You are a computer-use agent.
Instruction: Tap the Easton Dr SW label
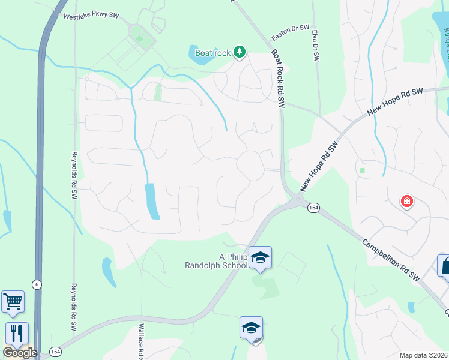coord(291,29)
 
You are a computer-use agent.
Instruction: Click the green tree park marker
coord(240,52)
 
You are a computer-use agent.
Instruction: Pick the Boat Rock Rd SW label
coord(277,78)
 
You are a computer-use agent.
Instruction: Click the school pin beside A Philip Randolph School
coord(260,258)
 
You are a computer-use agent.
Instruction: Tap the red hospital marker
coord(407,200)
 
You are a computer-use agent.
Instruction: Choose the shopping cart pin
coord(13,302)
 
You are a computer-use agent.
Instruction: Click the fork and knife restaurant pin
coord(17,334)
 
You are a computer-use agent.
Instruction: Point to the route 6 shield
coord(37,284)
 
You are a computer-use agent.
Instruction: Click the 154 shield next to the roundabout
coord(313,208)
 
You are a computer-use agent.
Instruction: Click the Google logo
coord(19,353)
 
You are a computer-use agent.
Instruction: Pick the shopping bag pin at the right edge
coord(445,266)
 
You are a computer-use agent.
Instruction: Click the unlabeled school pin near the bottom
coord(251,328)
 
